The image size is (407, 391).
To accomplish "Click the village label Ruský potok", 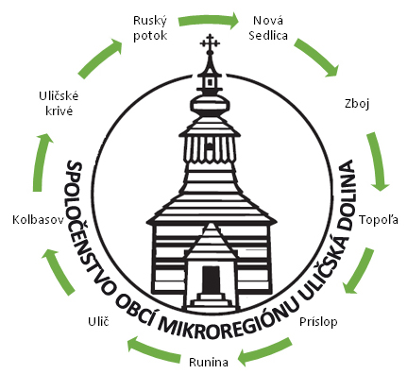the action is click(x=150, y=28).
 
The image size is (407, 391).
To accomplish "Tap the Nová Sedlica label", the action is click(x=268, y=28).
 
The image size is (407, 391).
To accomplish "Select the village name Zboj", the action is click(x=357, y=104).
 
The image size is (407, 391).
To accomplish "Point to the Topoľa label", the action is click(x=379, y=219).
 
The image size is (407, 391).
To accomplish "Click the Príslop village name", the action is click(x=318, y=322).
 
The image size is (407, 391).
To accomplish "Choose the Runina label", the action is click(x=209, y=362).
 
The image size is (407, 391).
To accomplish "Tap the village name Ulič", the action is click(x=98, y=321).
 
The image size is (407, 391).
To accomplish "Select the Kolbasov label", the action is click(x=39, y=219).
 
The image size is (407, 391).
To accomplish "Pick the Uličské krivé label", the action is click(x=59, y=104).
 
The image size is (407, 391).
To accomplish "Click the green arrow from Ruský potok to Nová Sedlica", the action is click(x=209, y=20).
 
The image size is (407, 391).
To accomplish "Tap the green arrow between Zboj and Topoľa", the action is click(x=377, y=161).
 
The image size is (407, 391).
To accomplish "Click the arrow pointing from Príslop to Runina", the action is click(x=264, y=352).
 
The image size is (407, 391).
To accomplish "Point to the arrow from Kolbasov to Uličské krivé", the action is click(x=39, y=161).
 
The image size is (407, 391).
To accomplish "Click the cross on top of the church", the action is click(x=210, y=43).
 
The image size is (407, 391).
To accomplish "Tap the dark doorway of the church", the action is click(x=211, y=280).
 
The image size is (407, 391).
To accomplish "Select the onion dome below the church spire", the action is click(x=211, y=104).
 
